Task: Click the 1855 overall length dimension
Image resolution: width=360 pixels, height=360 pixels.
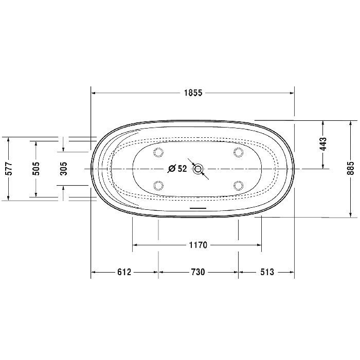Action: point(193,93)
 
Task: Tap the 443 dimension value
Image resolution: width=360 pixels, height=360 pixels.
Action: point(323,144)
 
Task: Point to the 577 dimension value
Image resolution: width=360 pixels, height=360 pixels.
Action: point(9,169)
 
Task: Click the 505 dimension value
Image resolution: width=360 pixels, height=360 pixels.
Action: point(36,169)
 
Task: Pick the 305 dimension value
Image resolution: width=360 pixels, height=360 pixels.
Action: point(64,169)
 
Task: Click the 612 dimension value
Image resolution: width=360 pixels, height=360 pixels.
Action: point(124,272)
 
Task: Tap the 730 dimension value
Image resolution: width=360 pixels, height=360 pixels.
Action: point(198,272)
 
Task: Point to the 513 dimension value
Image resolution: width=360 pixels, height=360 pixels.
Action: point(266,272)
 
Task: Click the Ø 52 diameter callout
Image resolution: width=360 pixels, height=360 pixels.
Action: point(178,169)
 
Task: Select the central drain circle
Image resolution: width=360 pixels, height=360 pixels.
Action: point(199,168)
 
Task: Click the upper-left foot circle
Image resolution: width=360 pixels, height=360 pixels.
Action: point(158,152)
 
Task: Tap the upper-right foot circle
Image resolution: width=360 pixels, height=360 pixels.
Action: point(238,152)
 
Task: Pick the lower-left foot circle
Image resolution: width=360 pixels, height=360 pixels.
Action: point(158,185)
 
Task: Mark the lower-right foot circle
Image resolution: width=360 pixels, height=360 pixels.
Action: point(238,185)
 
